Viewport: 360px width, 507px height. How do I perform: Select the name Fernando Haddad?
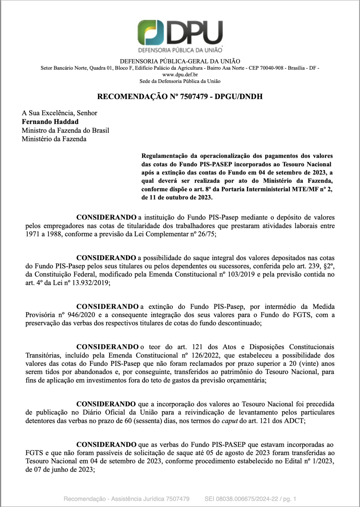coord(50,121)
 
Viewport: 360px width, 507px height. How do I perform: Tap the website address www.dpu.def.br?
coord(180,75)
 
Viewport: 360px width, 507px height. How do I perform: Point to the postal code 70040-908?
coord(272,68)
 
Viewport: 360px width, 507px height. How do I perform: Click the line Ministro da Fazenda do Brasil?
coord(65,130)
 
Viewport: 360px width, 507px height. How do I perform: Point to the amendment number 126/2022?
coord(201,355)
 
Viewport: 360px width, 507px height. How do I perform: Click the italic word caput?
coord(230,421)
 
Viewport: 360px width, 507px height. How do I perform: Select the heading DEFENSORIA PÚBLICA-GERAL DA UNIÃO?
coord(180,61)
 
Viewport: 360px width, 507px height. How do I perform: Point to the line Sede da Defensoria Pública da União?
coord(180,81)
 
